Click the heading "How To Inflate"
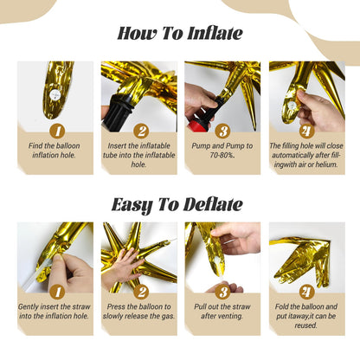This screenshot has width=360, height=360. point(180,35)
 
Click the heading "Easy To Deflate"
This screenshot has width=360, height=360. point(180,204)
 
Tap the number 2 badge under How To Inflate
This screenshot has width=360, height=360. point(138,130)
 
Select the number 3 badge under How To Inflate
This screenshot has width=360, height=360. point(222,130)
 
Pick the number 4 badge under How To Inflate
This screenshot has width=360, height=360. point(305,130)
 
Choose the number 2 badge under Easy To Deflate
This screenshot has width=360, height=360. point(138,292)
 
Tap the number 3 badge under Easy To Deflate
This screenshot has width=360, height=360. point(222,292)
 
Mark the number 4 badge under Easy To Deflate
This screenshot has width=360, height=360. point(305,292)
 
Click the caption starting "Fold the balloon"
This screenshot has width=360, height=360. point(305,317)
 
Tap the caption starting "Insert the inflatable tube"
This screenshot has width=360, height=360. point(138,156)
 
